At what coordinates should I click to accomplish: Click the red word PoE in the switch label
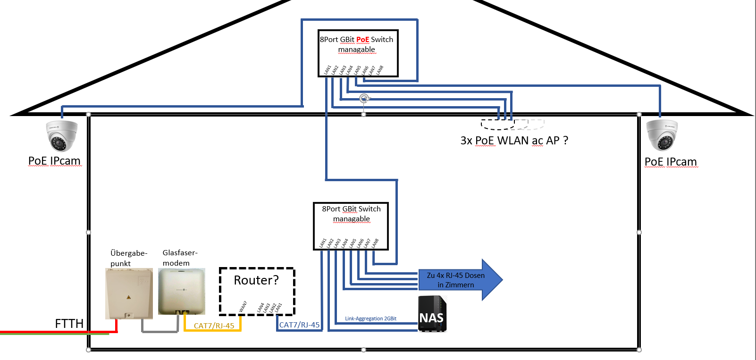pyautogui.click(x=362, y=40)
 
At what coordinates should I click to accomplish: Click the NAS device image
pyautogui.click(x=432, y=314)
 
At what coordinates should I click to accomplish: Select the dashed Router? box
pyautogui.click(x=257, y=291)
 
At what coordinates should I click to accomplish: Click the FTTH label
pyautogui.click(x=69, y=324)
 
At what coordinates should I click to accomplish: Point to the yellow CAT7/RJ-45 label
pyautogui.click(x=214, y=326)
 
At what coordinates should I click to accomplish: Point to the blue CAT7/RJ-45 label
pyautogui.click(x=299, y=325)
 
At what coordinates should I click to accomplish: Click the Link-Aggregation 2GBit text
pyautogui.click(x=370, y=318)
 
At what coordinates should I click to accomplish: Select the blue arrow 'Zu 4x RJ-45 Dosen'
pyautogui.click(x=460, y=280)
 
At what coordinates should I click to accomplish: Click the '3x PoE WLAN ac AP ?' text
pyautogui.click(x=514, y=141)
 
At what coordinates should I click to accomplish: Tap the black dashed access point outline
pyautogui.click(x=497, y=125)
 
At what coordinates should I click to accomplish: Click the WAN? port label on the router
pyautogui.click(x=243, y=307)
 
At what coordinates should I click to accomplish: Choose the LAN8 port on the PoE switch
pyautogui.click(x=380, y=70)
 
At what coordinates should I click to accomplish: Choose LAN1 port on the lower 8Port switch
pyautogui.click(x=323, y=243)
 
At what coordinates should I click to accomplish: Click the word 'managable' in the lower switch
pyautogui.click(x=351, y=219)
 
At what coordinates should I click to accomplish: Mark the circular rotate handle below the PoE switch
pyautogui.click(x=364, y=99)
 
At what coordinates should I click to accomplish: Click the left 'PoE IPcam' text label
pyautogui.click(x=54, y=161)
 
